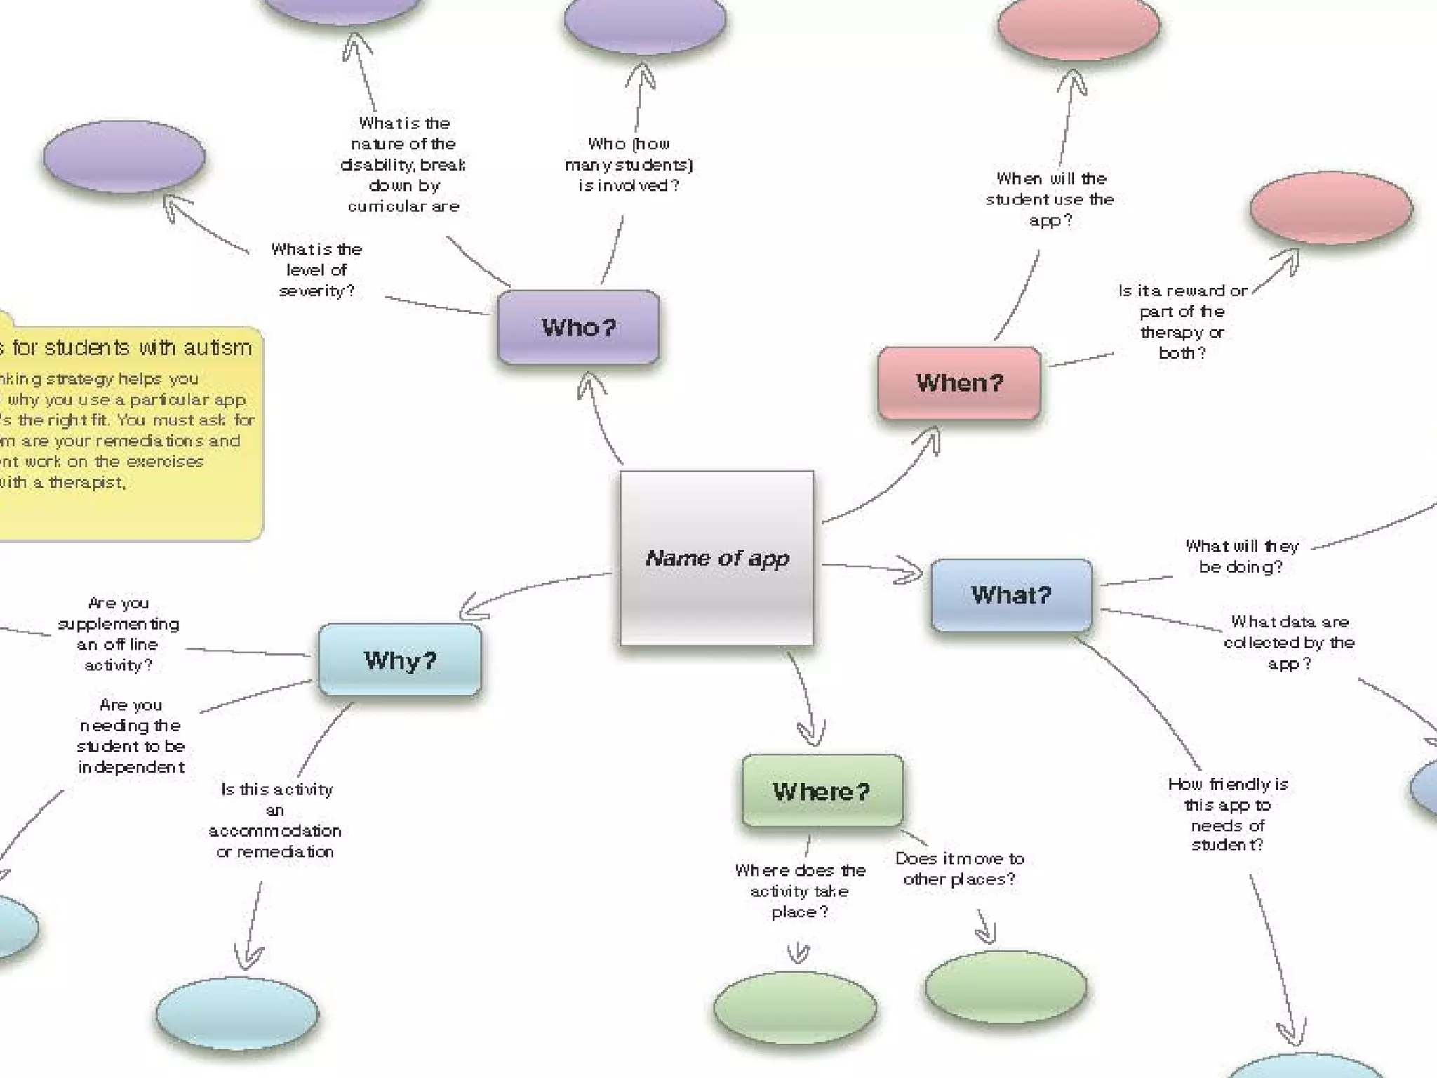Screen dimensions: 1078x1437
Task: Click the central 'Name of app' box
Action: (716, 558)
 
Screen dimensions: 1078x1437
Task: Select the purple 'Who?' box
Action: (578, 327)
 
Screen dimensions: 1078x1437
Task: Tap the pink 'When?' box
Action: (959, 382)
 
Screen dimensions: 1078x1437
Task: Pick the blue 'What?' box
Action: (1011, 595)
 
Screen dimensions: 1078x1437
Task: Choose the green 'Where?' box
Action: (822, 791)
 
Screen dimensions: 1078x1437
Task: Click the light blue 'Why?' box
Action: (400, 660)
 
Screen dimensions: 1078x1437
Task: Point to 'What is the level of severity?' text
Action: (316, 270)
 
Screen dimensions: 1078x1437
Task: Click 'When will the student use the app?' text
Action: (1050, 199)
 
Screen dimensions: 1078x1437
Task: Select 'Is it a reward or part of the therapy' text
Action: (1182, 321)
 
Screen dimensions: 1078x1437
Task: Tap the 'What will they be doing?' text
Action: (1241, 556)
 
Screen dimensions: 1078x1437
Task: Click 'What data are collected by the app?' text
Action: (1289, 642)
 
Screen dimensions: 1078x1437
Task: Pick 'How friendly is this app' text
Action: (1228, 814)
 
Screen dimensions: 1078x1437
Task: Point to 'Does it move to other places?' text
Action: (959, 868)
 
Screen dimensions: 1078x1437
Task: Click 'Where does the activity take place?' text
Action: (800, 891)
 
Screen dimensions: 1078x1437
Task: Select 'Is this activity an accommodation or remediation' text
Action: (275, 820)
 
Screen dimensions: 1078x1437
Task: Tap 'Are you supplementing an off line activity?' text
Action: (118, 634)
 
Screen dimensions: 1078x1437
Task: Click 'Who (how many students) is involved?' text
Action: (629, 164)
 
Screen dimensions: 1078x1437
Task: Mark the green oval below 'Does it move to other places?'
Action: (1005, 987)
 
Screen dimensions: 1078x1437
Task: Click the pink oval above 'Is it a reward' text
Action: (1330, 208)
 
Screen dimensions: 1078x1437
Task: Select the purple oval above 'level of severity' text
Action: (124, 157)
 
